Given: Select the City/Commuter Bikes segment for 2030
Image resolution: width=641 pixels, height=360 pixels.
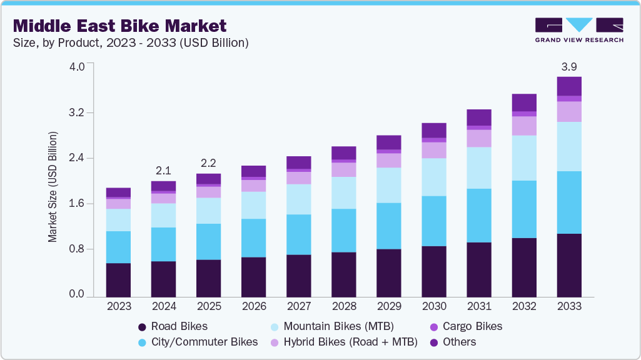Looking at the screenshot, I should (x=434, y=221).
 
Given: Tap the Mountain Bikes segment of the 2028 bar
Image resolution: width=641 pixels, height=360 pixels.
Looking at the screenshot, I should (x=343, y=192).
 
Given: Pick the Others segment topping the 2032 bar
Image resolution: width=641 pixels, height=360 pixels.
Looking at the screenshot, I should (x=524, y=102).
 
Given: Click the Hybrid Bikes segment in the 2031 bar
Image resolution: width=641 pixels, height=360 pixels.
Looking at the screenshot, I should (x=479, y=138).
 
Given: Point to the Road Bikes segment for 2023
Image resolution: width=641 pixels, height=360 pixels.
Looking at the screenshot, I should (x=118, y=279).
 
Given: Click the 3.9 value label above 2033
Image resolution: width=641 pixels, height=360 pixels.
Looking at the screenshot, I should (x=569, y=66).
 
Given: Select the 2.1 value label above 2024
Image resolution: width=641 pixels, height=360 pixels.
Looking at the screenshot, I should (x=164, y=170).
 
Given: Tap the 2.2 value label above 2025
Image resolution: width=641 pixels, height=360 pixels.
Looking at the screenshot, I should (x=208, y=162).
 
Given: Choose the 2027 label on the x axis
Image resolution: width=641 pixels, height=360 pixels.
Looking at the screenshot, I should (x=299, y=307).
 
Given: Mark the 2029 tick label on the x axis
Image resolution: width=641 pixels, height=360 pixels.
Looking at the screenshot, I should (x=389, y=307).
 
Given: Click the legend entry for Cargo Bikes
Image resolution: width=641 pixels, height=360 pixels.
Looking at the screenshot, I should (x=472, y=326).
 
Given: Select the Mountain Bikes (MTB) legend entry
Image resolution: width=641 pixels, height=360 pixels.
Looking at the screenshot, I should (x=338, y=326).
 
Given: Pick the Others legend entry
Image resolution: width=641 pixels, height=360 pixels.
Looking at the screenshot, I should (x=459, y=342).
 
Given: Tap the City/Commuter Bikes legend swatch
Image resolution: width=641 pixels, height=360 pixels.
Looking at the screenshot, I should (x=142, y=342).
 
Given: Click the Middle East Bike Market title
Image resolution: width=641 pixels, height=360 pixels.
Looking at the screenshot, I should (x=119, y=26).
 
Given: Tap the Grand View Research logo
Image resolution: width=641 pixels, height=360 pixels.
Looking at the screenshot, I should (x=579, y=29).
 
